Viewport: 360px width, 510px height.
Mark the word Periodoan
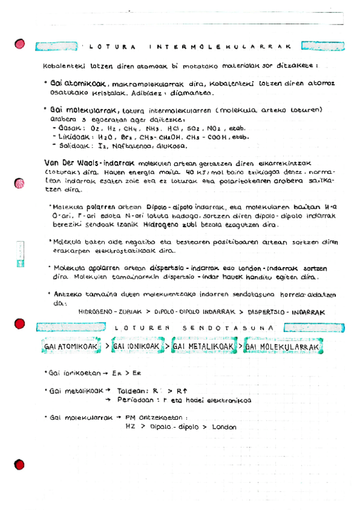pyautogui.click(x=136, y=399)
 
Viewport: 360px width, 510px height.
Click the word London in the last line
pyautogui.click(x=224, y=427)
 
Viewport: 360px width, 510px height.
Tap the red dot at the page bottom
pyautogui.click(x=20, y=464)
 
